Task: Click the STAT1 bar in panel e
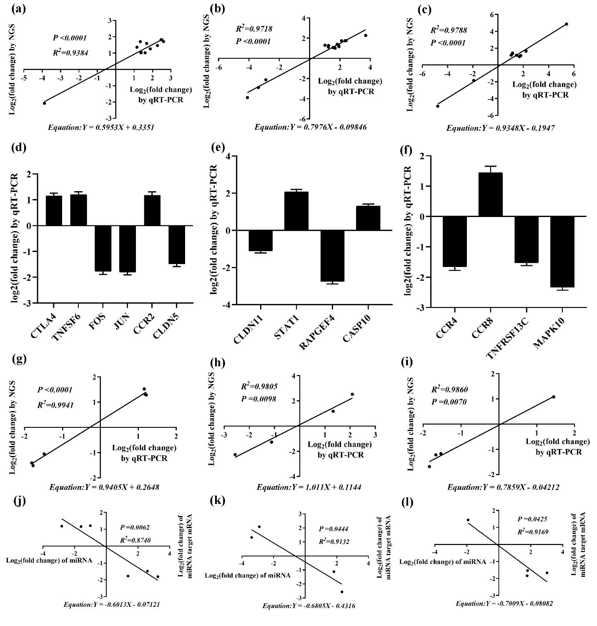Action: pyautogui.click(x=296, y=211)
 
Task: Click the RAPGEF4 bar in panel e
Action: pyautogui.click(x=332, y=256)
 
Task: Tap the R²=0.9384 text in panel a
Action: pyautogui.click(x=70, y=53)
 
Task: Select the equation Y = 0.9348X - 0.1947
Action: pyautogui.click(x=500, y=128)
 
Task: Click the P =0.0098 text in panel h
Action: pyautogui.click(x=258, y=399)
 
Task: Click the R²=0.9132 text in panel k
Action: pyautogui.click(x=334, y=541)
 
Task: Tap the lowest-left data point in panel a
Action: pyautogui.click(x=45, y=103)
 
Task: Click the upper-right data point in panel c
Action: pyautogui.click(x=566, y=24)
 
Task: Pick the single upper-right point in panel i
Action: pyautogui.click(x=554, y=397)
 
